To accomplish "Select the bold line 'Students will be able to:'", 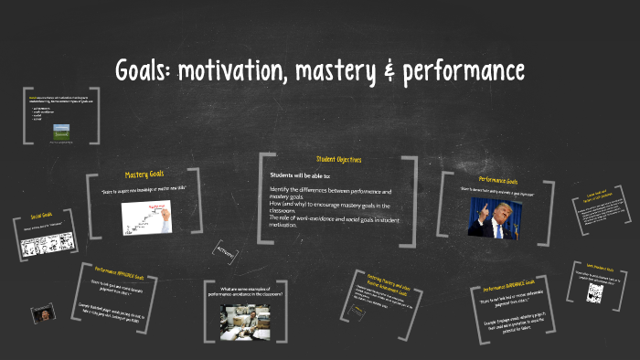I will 301,175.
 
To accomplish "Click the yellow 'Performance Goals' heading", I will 497,181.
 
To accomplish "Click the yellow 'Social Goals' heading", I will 41,216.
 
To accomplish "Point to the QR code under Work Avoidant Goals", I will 595,293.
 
